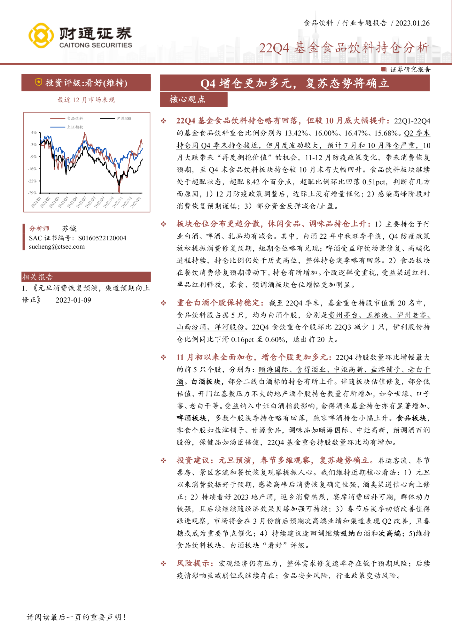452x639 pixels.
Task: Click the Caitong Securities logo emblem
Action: (x=41, y=36)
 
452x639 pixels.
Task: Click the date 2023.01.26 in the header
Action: (x=412, y=23)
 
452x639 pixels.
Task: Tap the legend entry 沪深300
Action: (x=124, y=119)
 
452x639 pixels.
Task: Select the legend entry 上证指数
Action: (x=75, y=127)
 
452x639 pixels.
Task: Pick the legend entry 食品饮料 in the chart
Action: (x=75, y=119)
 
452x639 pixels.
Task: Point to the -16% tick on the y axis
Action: (x=33, y=169)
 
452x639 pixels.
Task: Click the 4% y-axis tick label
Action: (x=34, y=132)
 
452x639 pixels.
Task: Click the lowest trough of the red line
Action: (x=119, y=192)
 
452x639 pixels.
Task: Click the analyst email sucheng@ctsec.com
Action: (x=57, y=247)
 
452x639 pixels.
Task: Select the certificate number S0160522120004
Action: (x=102, y=238)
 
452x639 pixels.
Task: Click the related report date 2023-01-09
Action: (x=73, y=300)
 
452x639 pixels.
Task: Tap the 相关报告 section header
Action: (x=38, y=277)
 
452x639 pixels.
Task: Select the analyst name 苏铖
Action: (x=69, y=228)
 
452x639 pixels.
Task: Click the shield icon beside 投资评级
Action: (x=38, y=83)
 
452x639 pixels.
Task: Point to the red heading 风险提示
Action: (x=193, y=563)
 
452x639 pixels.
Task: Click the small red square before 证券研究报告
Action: (x=384, y=70)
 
